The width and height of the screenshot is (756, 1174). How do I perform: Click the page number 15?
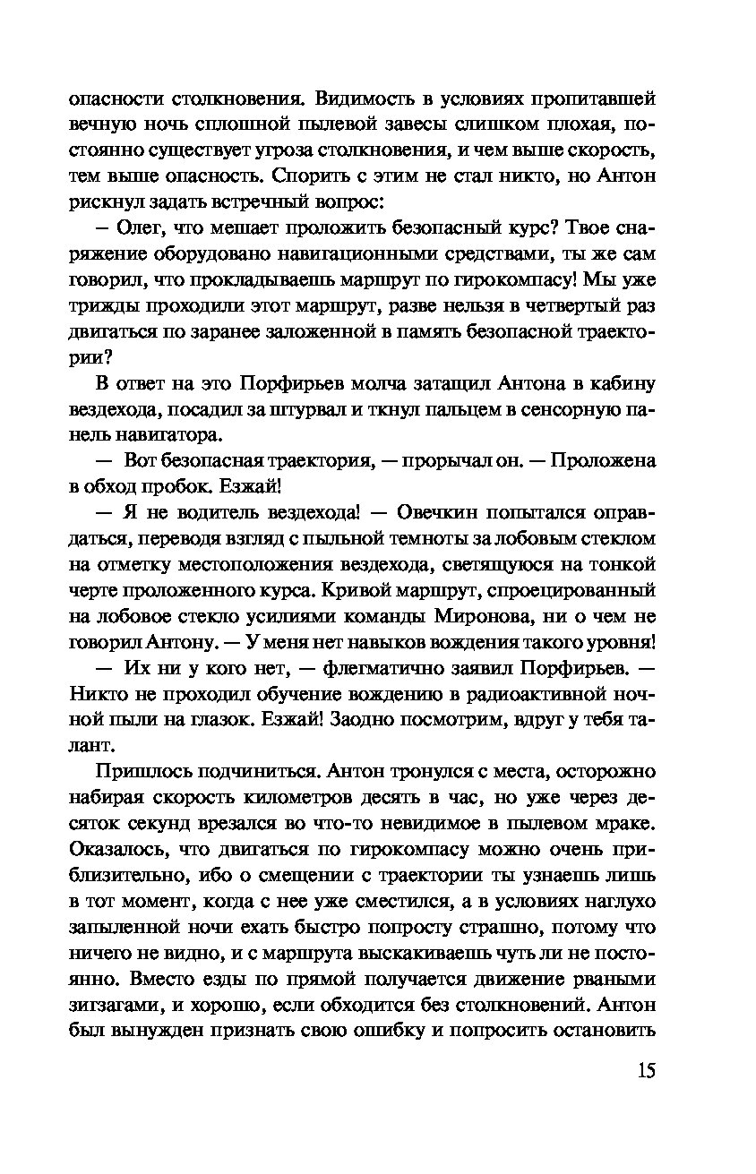[646, 1070]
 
